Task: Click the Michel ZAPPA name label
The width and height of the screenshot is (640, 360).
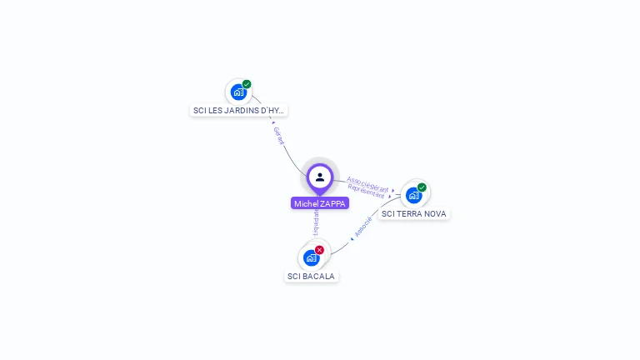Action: pyautogui.click(x=320, y=203)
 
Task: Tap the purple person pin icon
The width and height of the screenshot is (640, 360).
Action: pyautogui.click(x=320, y=177)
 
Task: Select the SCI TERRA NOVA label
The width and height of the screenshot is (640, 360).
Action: pyautogui.click(x=413, y=214)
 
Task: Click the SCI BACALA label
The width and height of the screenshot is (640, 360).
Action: pyautogui.click(x=312, y=276)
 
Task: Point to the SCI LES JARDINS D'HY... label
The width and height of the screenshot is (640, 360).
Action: pyautogui.click(x=238, y=110)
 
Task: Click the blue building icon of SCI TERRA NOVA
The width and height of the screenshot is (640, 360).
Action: pyautogui.click(x=413, y=195)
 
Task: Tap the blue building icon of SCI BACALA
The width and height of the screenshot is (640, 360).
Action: pyautogui.click(x=312, y=257)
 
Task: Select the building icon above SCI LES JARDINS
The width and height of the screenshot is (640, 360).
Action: pyautogui.click(x=238, y=92)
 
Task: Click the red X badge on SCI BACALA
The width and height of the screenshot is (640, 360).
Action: pyautogui.click(x=319, y=250)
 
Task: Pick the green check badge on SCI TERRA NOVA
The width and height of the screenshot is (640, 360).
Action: pyautogui.click(x=422, y=187)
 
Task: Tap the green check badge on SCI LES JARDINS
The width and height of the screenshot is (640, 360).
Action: pyautogui.click(x=247, y=84)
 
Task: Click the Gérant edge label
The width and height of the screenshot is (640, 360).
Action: pyautogui.click(x=279, y=136)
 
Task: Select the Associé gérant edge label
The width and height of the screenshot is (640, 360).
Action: pyautogui.click(x=367, y=183)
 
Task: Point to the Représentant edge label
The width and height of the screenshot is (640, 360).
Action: pyautogui.click(x=366, y=192)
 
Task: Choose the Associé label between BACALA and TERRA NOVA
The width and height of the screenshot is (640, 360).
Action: pyautogui.click(x=362, y=227)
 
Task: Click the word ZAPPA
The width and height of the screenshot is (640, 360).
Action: pyautogui.click(x=332, y=203)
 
